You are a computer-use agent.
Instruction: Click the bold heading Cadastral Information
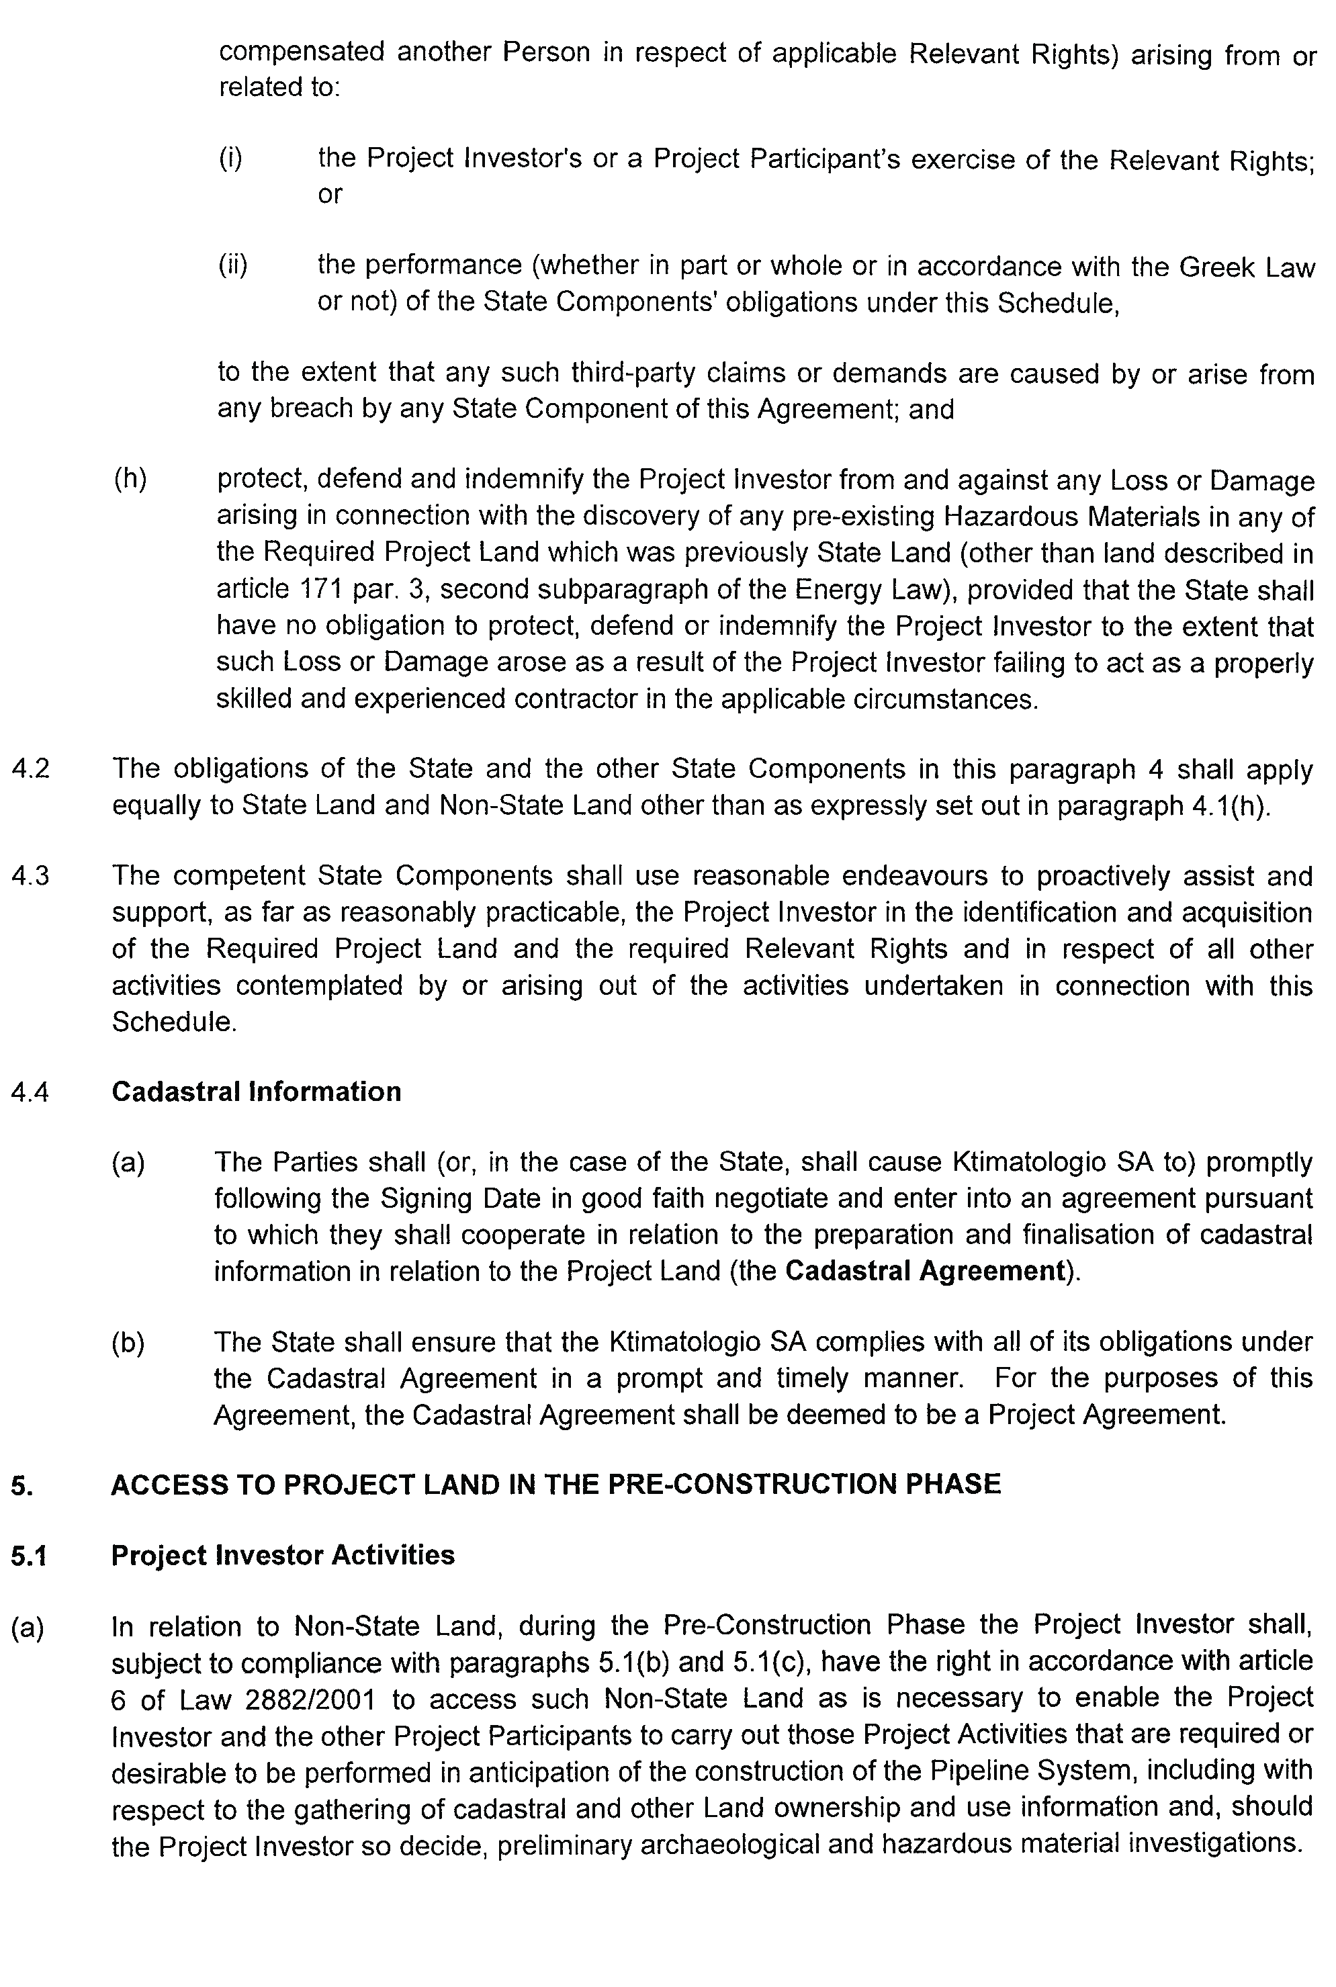[x=256, y=1092]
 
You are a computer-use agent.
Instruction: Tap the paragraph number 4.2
[x=31, y=768]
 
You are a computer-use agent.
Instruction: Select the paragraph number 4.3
[x=31, y=876]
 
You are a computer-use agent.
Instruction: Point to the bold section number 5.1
[x=29, y=1556]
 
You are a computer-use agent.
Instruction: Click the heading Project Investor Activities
[x=283, y=1555]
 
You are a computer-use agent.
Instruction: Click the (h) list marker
[x=130, y=480]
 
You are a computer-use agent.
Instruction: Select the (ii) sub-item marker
[x=232, y=266]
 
